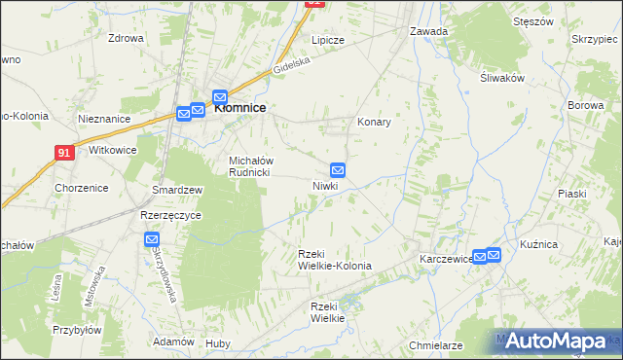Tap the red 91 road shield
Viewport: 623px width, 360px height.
tap(63, 153)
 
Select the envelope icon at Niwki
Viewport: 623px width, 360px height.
tap(338, 169)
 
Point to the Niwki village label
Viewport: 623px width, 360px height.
tap(324, 185)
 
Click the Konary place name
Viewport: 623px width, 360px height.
tap(374, 123)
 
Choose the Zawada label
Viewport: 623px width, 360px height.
tap(428, 31)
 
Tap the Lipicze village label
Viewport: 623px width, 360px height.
tap(328, 41)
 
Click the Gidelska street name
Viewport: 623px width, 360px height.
tap(291, 64)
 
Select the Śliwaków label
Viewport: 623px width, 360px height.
tap(502, 80)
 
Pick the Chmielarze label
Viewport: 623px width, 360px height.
tap(434, 345)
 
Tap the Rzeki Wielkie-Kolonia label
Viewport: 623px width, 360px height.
tap(328, 260)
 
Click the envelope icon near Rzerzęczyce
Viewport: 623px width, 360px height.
tap(152, 239)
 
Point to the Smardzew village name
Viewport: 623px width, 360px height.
tap(176, 190)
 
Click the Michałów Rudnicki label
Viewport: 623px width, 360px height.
tap(253, 166)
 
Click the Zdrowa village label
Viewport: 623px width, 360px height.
tap(127, 39)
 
